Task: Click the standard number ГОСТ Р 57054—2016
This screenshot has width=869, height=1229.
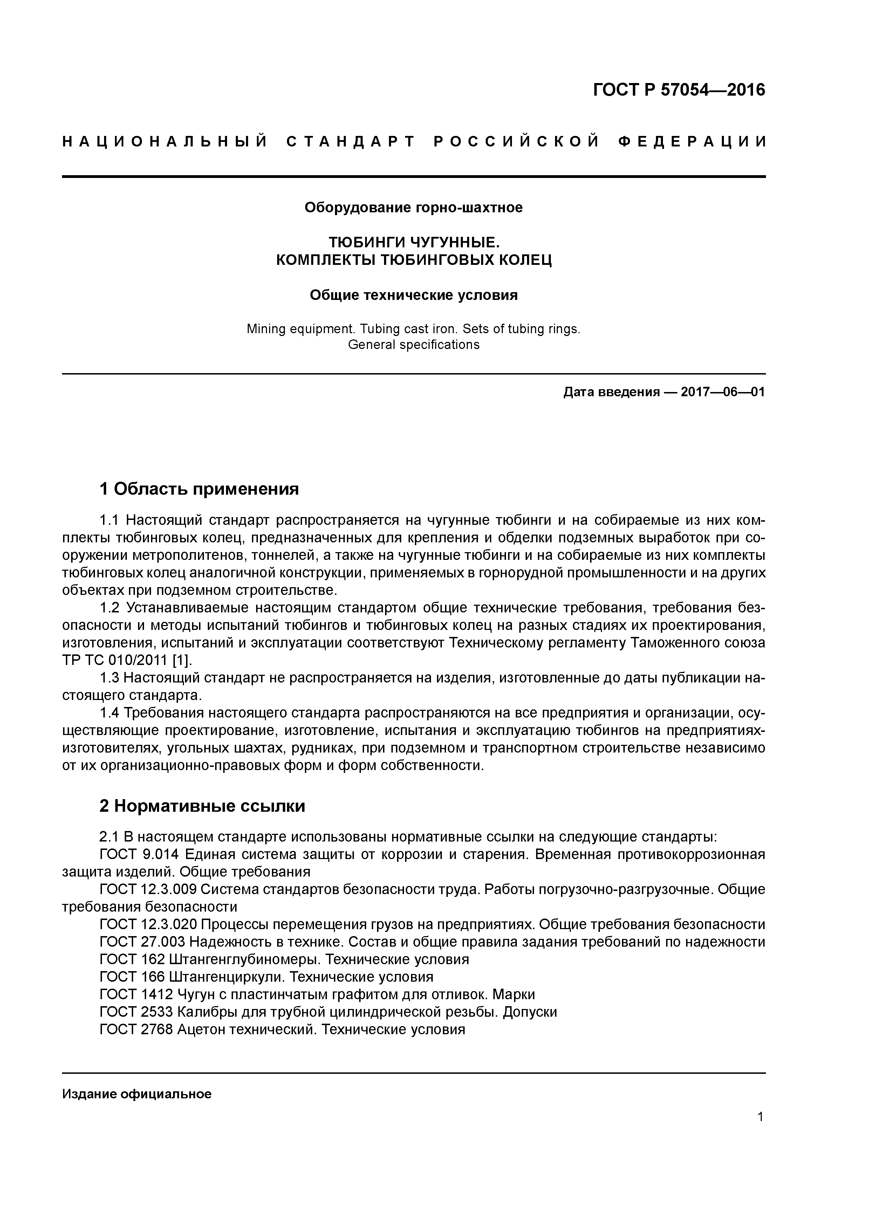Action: pyautogui.click(x=679, y=90)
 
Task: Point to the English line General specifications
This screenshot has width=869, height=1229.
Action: pyautogui.click(x=413, y=345)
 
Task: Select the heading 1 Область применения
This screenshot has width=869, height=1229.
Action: pyautogui.click(x=199, y=489)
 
